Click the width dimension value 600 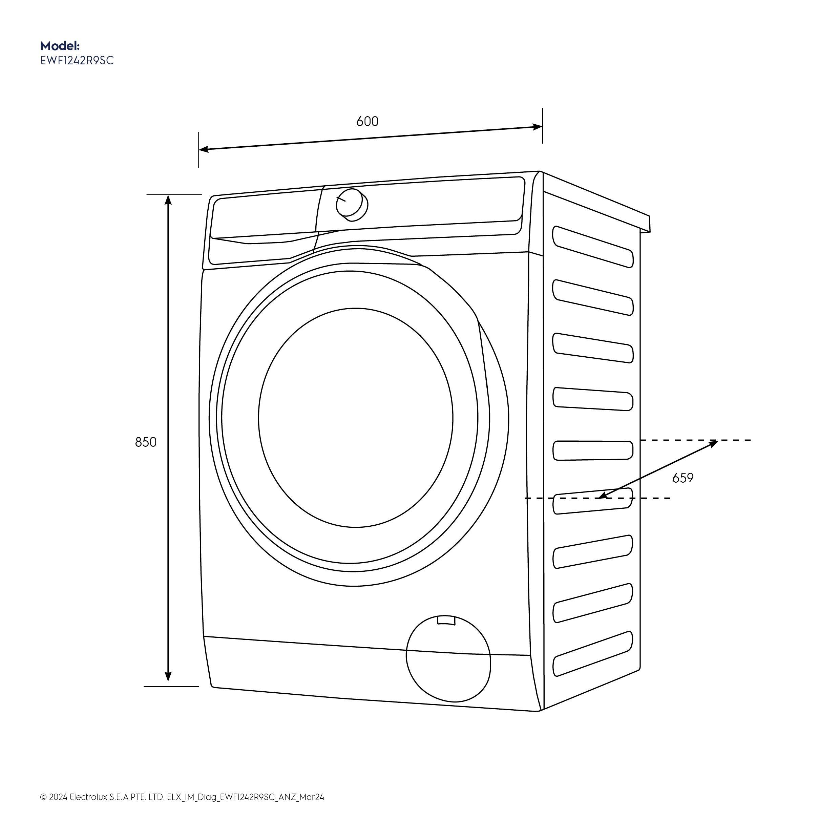click(x=367, y=121)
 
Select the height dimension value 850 click(x=146, y=442)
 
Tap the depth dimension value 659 click(x=682, y=478)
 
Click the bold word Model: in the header click(x=60, y=46)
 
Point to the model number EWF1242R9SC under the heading click(x=77, y=60)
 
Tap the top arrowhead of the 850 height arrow click(x=168, y=199)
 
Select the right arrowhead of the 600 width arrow click(x=538, y=127)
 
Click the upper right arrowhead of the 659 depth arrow click(x=713, y=443)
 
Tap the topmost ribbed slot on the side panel click(x=593, y=247)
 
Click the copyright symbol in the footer click(x=43, y=809)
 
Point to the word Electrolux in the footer click(x=88, y=809)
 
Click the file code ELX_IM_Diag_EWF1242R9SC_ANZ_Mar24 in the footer click(x=245, y=809)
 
